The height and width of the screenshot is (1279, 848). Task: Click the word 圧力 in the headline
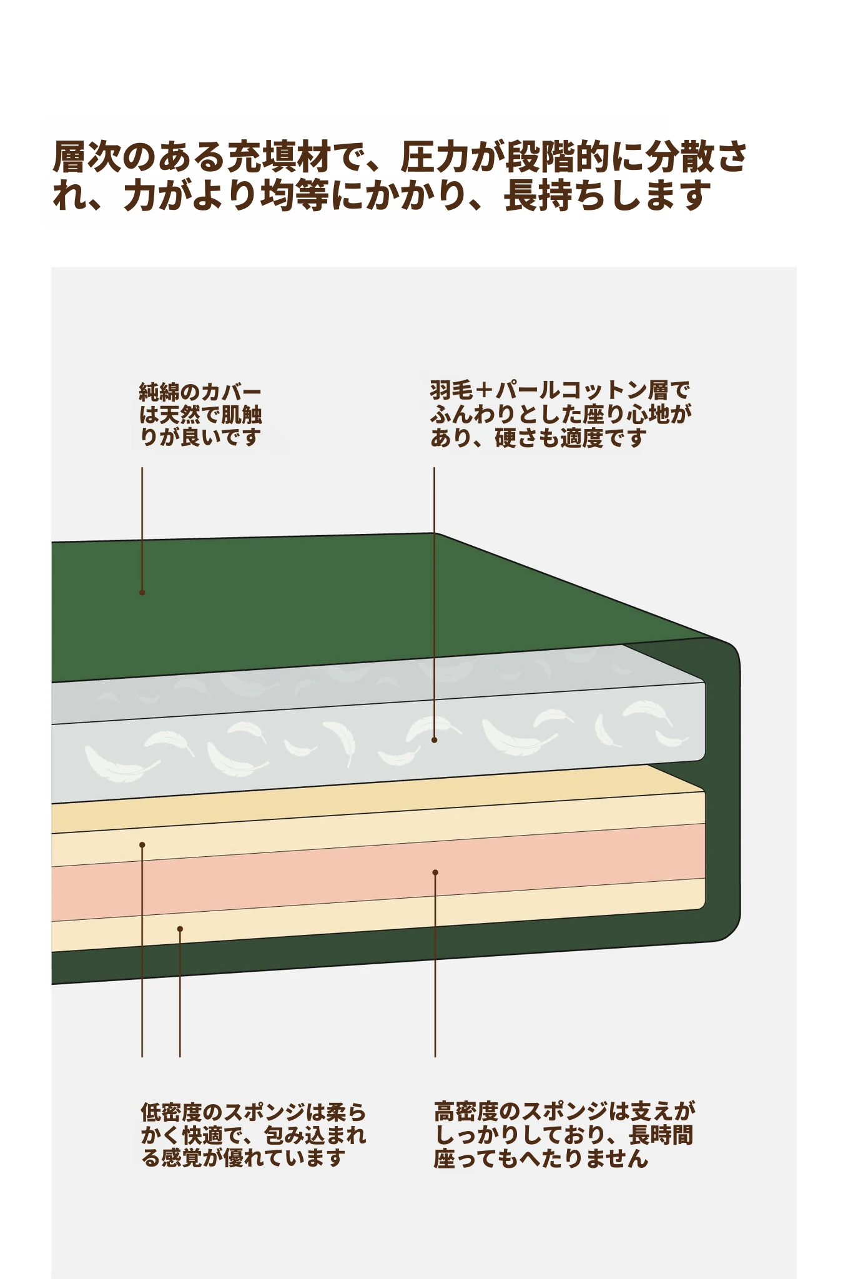(x=435, y=157)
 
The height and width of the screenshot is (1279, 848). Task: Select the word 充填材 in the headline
(x=279, y=157)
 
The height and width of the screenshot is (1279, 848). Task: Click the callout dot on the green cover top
(x=142, y=592)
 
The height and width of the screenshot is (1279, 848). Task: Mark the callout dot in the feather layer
(x=435, y=739)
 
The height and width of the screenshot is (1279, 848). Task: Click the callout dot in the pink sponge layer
(x=435, y=872)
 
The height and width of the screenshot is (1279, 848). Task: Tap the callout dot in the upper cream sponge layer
(x=142, y=845)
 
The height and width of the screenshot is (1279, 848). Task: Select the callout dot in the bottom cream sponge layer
(x=180, y=929)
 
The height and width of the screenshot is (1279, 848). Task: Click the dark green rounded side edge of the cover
(x=724, y=787)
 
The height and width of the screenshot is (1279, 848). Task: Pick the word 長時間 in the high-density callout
(x=661, y=1135)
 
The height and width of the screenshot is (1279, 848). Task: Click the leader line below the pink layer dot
(x=435, y=965)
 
